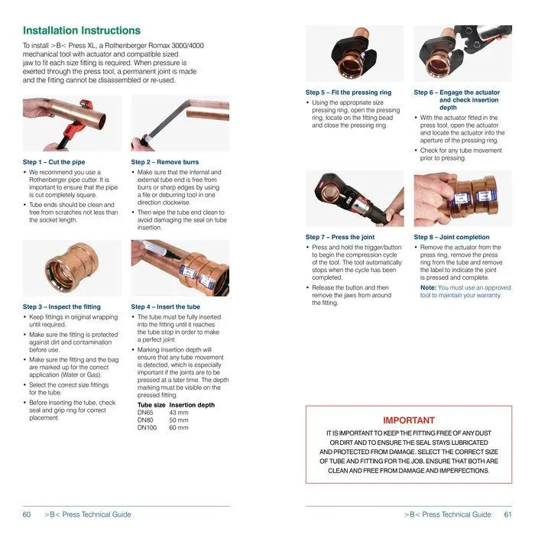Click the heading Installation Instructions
[82, 31]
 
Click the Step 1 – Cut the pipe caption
[54, 162]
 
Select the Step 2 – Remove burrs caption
[164, 162]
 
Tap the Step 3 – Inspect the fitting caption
[62, 306]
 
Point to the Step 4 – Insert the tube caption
[166, 306]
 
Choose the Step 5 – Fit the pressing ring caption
[349, 92]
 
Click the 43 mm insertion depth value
[178, 413]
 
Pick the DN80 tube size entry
[146, 420]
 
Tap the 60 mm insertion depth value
[178, 428]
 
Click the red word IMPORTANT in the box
[409, 420]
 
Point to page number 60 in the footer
[27, 514]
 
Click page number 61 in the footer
[508, 514]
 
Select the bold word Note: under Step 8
[428, 287]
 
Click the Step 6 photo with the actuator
[462, 53]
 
